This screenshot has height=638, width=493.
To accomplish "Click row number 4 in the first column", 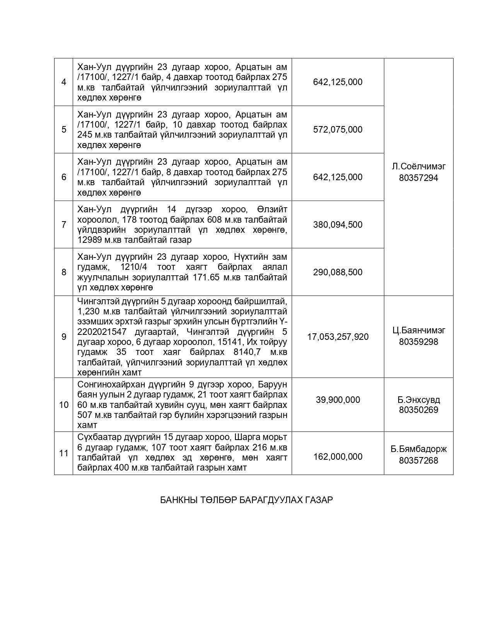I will tap(64, 82).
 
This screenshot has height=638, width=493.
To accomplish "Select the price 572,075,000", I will tap(338, 130).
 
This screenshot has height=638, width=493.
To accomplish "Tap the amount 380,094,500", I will tap(338, 225).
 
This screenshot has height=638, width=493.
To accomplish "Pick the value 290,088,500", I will tap(338, 272).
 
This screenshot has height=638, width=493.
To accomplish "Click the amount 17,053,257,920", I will tap(338, 337).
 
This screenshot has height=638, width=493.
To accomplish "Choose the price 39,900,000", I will tap(338, 400).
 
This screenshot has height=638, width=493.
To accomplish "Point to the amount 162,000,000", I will tap(338, 457).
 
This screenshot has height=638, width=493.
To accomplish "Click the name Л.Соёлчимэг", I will tap(418, 166).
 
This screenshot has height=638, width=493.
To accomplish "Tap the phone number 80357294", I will tap(418, 178).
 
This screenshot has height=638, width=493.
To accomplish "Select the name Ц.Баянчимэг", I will tap(418, 330).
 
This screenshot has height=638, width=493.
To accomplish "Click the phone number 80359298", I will tap(418, 342).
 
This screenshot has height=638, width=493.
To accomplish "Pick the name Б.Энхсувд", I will tap(418, 400).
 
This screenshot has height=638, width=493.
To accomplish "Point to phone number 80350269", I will tap(418, 410).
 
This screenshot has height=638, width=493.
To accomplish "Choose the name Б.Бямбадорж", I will tap(418, 449).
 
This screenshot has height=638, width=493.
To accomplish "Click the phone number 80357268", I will tap(418, 461).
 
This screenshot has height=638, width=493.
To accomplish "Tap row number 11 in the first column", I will tap(64, 453).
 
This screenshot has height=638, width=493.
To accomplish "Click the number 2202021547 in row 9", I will tap(102, 332).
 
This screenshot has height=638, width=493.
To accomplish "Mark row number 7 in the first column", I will tap(64, 225).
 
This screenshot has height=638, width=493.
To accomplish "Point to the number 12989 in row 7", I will tap(90, 240).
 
